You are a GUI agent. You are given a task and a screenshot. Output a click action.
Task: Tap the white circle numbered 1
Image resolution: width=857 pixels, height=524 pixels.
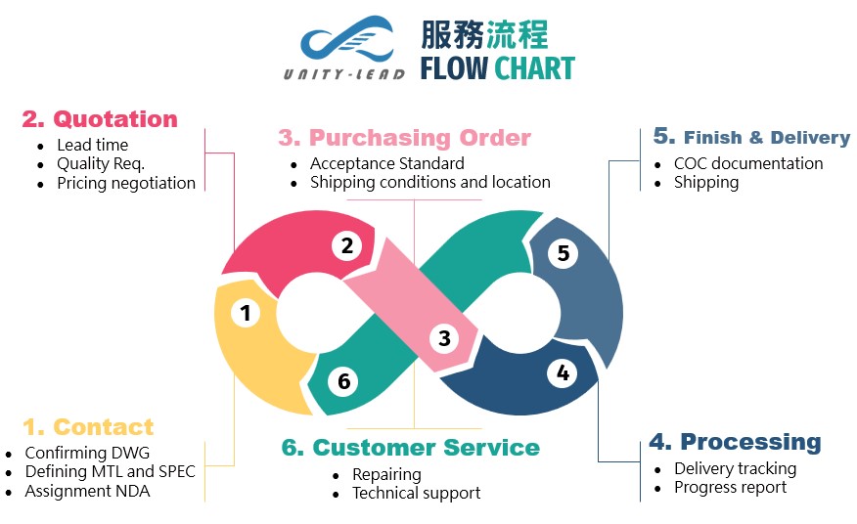pyautogui.click(x=246, y=313)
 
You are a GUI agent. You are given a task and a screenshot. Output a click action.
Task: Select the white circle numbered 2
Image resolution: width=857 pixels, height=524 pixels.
pyautogui.click(x=346, y=245)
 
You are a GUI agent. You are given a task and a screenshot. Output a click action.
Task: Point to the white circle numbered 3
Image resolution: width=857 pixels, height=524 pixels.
pyautogui.click(x=444, y=338)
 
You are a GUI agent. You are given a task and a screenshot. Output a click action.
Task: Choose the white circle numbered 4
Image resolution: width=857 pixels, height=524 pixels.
pyautogui.click(x=562, y=372)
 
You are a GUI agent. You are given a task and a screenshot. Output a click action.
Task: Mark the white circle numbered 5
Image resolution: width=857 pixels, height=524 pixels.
pyautogui.click(x=563, y=253)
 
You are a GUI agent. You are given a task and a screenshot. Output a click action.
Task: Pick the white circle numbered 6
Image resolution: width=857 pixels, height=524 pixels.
pyautogui.click(x=343, y=381)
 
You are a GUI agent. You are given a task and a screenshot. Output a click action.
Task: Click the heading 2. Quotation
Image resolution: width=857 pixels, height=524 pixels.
pyautogui.click(x=100, y=119)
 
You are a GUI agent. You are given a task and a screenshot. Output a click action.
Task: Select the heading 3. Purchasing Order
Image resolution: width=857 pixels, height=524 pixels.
pyautogui.click(x=404, y=138)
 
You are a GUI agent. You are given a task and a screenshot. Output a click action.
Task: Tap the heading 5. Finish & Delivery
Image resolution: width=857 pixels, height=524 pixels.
pyautogui.click(x=751, y=137)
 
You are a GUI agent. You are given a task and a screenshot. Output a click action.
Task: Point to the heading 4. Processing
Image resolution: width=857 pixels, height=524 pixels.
pyautogui.click(x=735, y=442)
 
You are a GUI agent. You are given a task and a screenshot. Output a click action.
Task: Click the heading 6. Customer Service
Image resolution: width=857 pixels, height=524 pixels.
pyautogui.click(x=410, y=448)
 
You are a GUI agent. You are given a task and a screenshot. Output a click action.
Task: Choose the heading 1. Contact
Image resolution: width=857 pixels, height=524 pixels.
pyautogui.click(x=88, y=427)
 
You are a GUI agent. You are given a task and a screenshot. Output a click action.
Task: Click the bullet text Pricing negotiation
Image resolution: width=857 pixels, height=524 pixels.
pyautogui.click(x=126, y=183)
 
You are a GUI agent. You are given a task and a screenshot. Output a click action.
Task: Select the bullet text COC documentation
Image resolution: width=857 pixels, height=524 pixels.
pyautogui.click(x=748, y=163)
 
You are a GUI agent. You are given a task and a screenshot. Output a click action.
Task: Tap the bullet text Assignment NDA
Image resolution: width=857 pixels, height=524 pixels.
pyautogui.click(x=88, y=491)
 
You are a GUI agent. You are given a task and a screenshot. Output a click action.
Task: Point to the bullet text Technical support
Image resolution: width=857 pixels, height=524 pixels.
pyautogui.click(x=417, y=493)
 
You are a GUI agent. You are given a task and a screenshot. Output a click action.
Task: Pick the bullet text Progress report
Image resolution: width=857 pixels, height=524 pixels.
pyautogui.click(x=730, y=487)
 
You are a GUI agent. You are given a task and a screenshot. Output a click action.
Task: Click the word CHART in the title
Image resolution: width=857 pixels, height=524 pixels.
pyautogui.click(x=534, y=68)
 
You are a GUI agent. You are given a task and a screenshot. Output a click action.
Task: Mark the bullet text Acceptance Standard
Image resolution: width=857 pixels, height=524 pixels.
pyautogui.click(x=387, y=163)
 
